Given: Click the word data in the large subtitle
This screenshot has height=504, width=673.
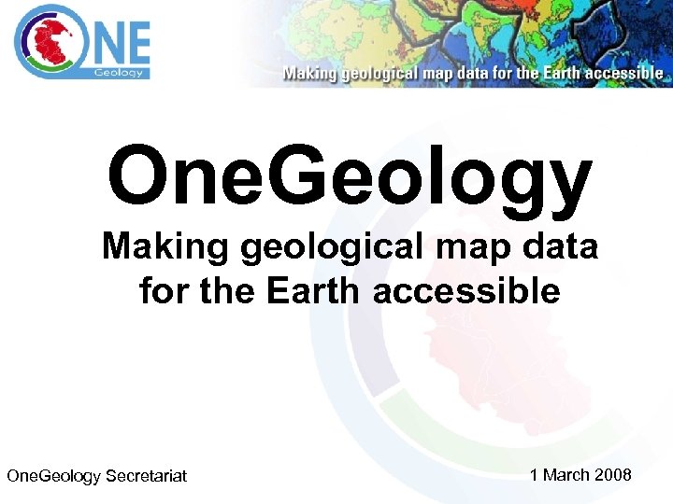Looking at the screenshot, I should click(x=557, y=248).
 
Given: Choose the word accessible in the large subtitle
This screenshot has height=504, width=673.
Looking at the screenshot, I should click(x=466, y=292).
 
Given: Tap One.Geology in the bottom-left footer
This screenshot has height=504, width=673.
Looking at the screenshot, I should click(x=53, y=477).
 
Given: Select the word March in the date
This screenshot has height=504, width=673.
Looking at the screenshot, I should click(x=566, y=475).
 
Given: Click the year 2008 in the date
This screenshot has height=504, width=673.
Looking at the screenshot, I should click(x=613, y=475).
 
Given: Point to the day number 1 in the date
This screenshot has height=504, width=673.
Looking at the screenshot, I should click(x=535, y=475).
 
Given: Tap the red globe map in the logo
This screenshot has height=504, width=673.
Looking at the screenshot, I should click(x=46, y=42).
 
